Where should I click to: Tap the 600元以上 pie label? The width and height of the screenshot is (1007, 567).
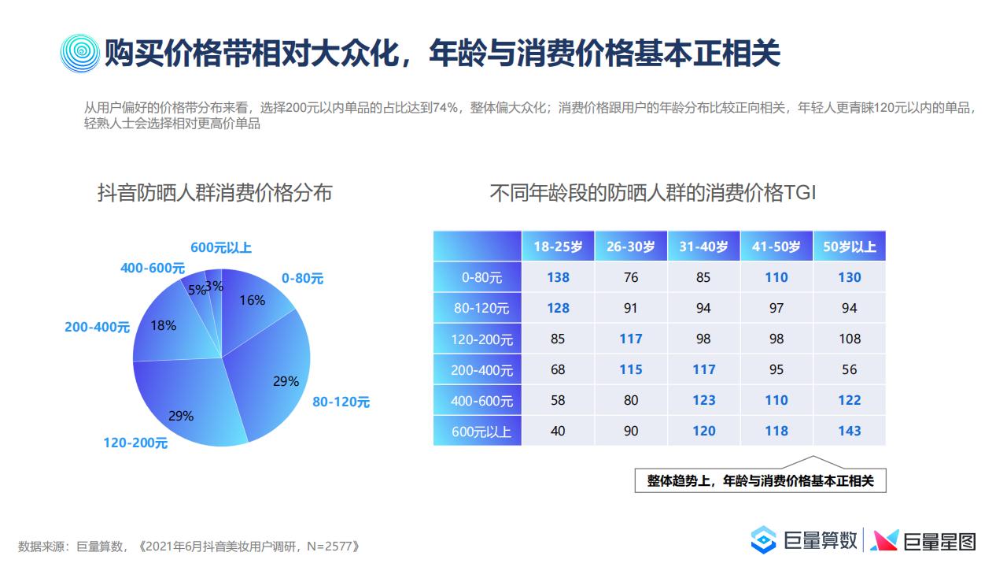[x=221, y=247]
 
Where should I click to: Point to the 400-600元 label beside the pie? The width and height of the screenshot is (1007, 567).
[x=153, y=269]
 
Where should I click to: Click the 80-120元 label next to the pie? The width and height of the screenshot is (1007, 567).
[x=341, y=402]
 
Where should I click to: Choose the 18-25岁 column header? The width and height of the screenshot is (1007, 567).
[x=558, y=246]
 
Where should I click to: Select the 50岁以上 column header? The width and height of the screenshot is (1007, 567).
[x=850, y=246]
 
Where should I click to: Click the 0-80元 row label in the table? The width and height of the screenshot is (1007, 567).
[x=481, y=278]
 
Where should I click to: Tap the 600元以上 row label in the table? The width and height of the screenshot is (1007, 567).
[x=481, y=432]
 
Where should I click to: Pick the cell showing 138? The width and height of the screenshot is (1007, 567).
[x=558, y=278]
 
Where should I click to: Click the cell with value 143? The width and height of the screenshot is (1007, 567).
[x=850, y=431]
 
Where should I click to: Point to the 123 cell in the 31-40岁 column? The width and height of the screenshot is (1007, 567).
[x=703, y=401]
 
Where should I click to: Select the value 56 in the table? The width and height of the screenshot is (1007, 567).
[x=850, y=370]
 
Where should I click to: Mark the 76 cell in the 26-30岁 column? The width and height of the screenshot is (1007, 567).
[x=631, y=278]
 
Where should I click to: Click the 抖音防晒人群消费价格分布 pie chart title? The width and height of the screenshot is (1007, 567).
[x=215, y=193]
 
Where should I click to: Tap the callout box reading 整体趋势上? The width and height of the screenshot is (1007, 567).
[x=760, y=480]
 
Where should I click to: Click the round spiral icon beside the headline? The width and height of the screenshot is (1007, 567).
[x=80, y=54]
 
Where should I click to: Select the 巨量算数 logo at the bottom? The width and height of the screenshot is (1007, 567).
[x=804, y=540]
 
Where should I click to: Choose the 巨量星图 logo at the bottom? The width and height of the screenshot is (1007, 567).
[x=924, y=541]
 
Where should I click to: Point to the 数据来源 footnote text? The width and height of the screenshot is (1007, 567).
[x=189, y=547]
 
